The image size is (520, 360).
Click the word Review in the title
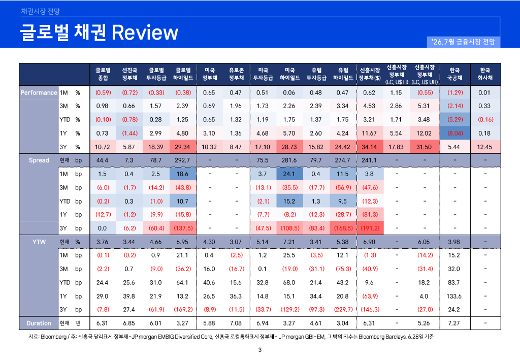(x=145, y=32)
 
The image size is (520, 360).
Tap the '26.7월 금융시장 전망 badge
(x=463, y=42)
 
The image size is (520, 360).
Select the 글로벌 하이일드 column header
(x=183, y=74)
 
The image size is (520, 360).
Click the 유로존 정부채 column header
(x=237, y=74)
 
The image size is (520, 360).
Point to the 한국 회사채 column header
(x=485, y=74)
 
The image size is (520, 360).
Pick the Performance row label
(x=39, y=93)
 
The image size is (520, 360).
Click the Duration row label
(x=39, y=323)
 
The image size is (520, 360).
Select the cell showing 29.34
(x=183, y=147)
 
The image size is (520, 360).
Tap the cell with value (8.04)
(x=455, y=133)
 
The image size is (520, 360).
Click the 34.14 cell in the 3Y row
(x=370, y=147)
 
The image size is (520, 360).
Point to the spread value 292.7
(x=182, y=160)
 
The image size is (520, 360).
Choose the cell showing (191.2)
(x=370, y=228)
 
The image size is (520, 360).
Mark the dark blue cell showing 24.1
(x=289, y=174)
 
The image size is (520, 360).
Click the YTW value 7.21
(x=289, y=242)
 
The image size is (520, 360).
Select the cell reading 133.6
(x=454, y=296)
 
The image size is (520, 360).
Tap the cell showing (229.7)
(x=343, y=310)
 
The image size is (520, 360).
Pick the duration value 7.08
(x=236, y=323)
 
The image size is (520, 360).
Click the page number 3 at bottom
(x=260, y=350)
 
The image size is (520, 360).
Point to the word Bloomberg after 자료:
(x=53, y=337)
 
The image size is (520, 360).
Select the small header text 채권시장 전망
(x=41, y=12)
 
